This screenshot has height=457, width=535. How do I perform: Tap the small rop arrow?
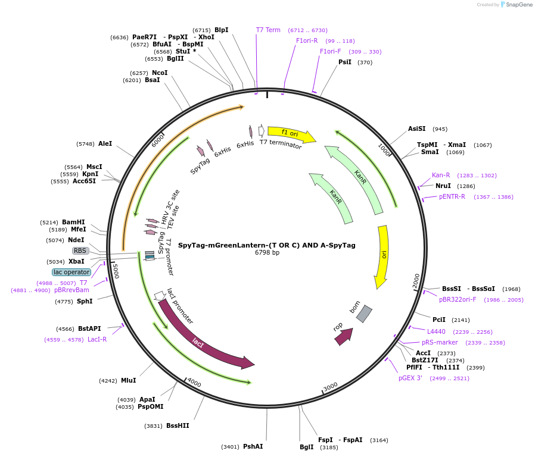344,336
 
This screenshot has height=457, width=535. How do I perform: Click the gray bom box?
364,314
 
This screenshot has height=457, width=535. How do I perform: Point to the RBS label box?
80,251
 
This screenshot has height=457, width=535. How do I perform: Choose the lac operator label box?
71,273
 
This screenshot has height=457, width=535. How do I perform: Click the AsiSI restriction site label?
416,129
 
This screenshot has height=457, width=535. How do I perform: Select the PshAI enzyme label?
253,446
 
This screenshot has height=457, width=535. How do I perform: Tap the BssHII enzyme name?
178,425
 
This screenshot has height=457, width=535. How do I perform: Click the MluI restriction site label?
128,380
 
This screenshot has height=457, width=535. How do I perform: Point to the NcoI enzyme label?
160,73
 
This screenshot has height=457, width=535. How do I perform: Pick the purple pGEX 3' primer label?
410,378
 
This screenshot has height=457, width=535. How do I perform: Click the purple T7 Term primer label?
268,30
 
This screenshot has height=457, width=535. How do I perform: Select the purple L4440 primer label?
436,331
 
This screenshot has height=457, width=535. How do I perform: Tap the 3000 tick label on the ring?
330,387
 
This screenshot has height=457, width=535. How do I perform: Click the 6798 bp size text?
267,252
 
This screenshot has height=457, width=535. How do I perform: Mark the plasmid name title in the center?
267,245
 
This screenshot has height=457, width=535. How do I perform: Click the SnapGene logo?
517,4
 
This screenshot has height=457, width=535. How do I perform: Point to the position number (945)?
440,129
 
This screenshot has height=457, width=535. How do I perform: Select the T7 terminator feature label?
281,144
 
